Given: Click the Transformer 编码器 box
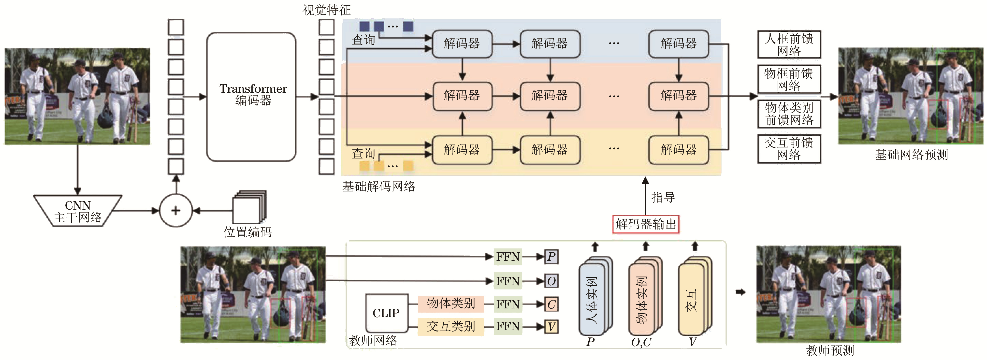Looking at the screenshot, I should coord(251,97).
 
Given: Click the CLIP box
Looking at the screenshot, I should coord(386,313).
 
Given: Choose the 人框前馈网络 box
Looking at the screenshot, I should coord(789,44).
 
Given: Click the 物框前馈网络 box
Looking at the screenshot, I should coord(789,79).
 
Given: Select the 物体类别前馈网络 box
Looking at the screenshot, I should coord(789,114).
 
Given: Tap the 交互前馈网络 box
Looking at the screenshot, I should coord(789,149).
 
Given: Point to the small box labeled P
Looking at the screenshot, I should coord(551,257).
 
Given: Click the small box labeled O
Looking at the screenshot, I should coord(551,281).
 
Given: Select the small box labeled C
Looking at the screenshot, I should coord(551,304).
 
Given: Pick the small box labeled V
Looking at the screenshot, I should coord(551,327).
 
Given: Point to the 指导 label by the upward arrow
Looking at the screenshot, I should coord(663,198).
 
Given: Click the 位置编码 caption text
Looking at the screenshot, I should coord(247,232).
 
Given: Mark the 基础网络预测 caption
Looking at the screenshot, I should coord(911,155).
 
